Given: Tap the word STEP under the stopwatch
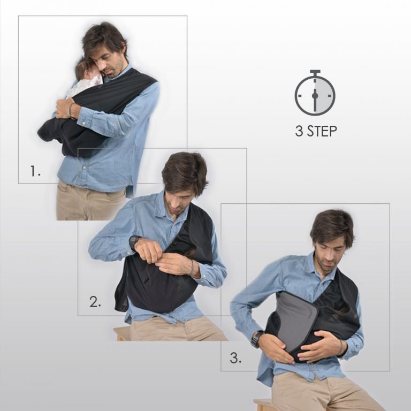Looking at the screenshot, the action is [x=322, y=131].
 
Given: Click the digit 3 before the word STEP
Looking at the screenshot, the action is [x=299, y=131].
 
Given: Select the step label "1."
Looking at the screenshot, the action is [x=35, y=171].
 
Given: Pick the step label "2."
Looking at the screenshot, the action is [x=95, y=302].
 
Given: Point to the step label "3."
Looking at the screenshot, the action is [x=235, y=358].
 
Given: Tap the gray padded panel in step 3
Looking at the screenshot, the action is [x=296, y=319].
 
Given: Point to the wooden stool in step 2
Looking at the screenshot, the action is [x=122, y=333].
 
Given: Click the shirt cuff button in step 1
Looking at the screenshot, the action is [x=84, y=123].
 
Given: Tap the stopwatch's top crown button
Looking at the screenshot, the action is [x=315, y=72].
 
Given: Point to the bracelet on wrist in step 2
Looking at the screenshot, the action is [x=193, y=267].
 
